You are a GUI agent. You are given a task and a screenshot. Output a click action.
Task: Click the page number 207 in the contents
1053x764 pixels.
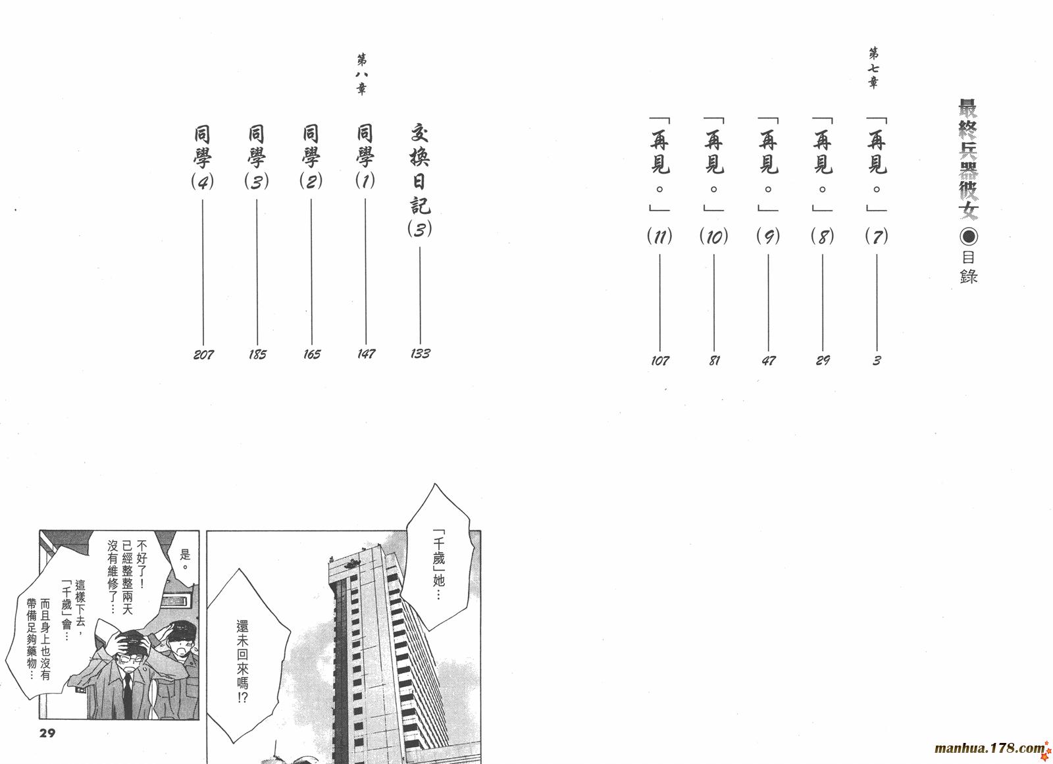(203, 354)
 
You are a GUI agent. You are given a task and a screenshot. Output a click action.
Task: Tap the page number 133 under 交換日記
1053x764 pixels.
(421, 353)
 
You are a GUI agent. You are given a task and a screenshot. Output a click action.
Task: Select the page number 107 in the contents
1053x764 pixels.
(659, 361)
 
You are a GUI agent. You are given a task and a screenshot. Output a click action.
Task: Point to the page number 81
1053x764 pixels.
(714, 361)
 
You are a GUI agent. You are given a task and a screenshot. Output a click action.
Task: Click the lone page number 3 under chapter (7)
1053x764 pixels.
(877, 361)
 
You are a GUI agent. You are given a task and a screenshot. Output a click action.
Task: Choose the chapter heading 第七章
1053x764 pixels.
(873, 68)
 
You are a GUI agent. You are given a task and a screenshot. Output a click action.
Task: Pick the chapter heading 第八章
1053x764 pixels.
(361, 75)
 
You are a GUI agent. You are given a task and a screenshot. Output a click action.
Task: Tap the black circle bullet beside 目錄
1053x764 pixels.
(968, 236)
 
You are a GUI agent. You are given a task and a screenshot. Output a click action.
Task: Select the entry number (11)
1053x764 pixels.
(659, 236)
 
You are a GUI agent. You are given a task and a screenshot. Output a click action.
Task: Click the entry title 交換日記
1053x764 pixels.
(420, 169)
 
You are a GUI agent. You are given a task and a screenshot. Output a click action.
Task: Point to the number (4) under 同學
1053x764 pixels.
(203, 182)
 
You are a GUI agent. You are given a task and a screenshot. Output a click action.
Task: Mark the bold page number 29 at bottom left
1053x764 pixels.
(47, 733)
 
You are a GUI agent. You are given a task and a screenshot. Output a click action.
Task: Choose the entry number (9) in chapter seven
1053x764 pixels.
(768, 236)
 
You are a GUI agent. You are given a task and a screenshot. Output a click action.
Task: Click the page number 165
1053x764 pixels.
(312, 354)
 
